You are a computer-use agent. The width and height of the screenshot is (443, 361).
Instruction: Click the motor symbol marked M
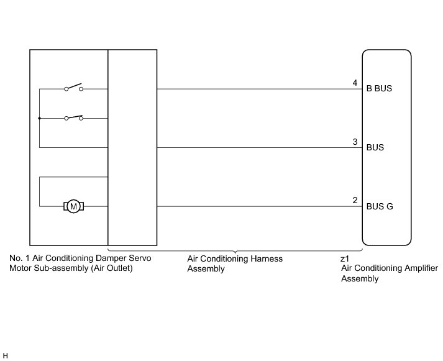point(73,206)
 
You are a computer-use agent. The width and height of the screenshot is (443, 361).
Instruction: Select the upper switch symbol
point(73,88)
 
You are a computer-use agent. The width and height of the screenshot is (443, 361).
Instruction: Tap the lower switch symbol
point(73,117)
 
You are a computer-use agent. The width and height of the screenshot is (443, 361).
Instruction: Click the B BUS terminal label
point(380,89)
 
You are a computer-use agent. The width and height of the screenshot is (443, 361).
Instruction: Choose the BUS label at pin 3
point(375,148)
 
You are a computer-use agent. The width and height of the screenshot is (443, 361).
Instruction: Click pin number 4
point(355,83)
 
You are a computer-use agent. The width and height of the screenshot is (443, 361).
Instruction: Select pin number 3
point(355,142)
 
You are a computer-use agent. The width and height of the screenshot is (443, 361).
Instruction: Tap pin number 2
point(355,201)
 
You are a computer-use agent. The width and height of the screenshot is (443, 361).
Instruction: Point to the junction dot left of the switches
point(39,117)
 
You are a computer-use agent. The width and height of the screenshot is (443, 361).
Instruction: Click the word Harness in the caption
point(265,258)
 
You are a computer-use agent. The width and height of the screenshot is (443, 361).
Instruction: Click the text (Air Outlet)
point(112,268)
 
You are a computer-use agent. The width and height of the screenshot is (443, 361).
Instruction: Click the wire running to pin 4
point(255,89)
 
